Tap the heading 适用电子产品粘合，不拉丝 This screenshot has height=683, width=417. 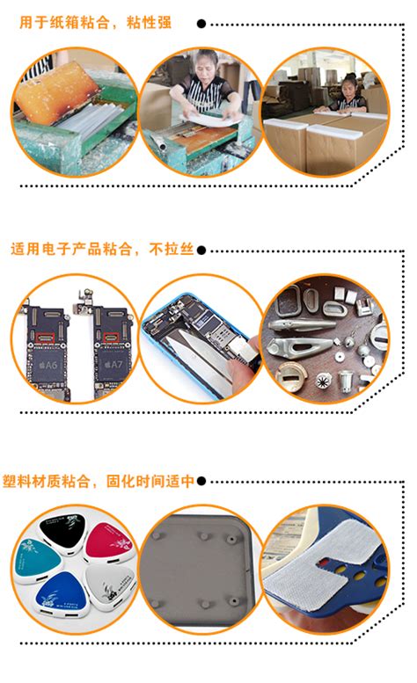point(103,249)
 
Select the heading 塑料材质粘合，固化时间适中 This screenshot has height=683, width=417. point(103,481)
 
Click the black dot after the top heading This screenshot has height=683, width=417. point(201,24)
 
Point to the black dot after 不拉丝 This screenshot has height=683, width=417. point(201,250)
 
